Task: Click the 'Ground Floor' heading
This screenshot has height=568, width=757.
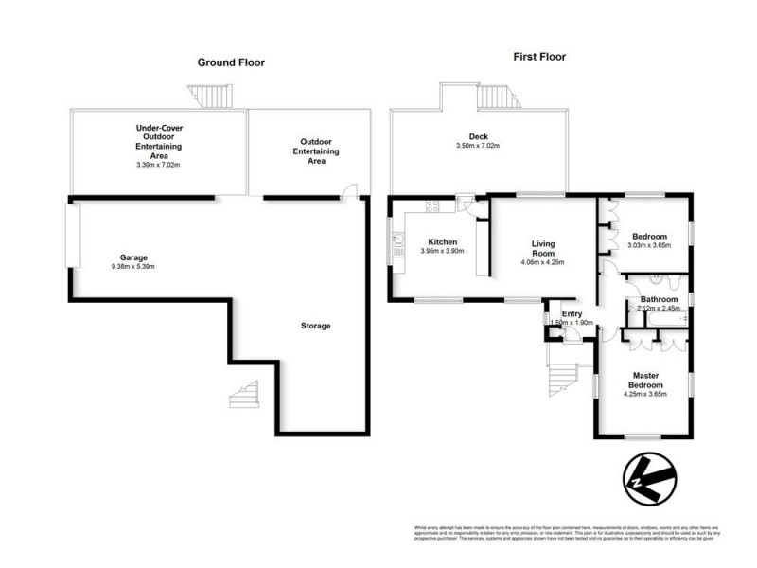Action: pyautogui.click(x=230, y=62)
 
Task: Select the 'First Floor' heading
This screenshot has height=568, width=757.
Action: pyautogui.click(x=539, y=57)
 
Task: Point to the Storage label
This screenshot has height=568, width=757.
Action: pyautogui.click(x=316, y=326)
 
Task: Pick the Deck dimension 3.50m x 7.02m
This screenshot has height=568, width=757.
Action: pyautogui.click(x=478, y=146)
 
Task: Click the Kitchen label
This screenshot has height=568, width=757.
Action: pyautogui.click(x=443, y=240)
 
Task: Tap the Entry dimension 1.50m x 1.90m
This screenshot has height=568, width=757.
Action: pyautogui.click(x=571, y=323)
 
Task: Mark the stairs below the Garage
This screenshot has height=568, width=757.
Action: pyautogui.click(x=243, y=396)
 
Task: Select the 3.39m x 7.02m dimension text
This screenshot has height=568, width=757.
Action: pyautogui.click(x=158, y=164)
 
